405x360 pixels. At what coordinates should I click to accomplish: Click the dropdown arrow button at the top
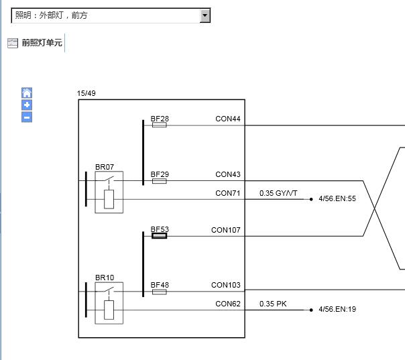click(x=205, y=15)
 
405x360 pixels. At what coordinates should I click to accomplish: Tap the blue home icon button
click(x=27, y=93)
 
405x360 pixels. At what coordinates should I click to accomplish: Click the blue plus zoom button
click(x=27, y=105)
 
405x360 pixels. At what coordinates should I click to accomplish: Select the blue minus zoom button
click(x=27, y=117)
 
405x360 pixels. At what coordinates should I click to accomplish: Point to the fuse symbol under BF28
click(x=160, y=125)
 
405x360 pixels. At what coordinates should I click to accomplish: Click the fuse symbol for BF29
click(x=160, y=181)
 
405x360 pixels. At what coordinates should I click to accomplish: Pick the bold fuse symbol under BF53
click(x=160, y=236)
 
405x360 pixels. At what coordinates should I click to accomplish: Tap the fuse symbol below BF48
click(x=160, y=292)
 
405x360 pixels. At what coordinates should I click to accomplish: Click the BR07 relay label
click(x=105, y=167)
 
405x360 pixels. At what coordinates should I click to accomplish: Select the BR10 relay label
click(x=105, y=278)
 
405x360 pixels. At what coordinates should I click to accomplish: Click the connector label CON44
click(x=228, y=119)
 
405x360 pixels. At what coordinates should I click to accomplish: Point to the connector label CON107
click(x=226, y=230)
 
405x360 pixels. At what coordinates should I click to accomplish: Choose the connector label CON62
click(x=228, y=304)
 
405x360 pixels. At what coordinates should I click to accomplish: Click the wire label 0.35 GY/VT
click(x=278, y=193)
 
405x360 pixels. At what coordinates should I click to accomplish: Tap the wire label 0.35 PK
click(x=273, y=304)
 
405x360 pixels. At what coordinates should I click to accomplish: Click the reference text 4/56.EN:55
click(x=337, y=198)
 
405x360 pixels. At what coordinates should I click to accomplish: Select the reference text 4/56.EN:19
click(x=337, y=309)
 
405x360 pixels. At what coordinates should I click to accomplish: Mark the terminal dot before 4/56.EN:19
click(x=311, y=310)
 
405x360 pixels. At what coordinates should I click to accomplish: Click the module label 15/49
click(x=86, y=93)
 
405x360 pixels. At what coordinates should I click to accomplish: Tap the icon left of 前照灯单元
click(x=13, y=43)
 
